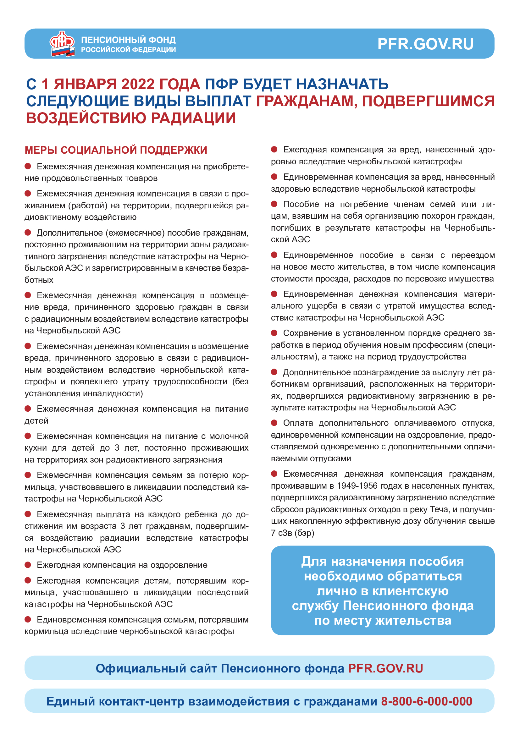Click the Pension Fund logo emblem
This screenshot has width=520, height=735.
[62, 44]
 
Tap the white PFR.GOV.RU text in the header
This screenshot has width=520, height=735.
[425, 44]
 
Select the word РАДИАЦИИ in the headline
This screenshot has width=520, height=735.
[193, 118]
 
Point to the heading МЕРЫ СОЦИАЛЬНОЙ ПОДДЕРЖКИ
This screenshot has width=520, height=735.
[116, 150]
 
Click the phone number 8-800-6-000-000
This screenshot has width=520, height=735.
[427, 701]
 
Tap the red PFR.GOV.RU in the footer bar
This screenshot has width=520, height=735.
[385, 668]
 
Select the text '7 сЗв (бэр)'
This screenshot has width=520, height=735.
[292, 533]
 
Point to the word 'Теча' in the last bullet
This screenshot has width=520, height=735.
[439, 509]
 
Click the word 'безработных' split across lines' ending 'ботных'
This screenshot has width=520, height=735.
[39, 280]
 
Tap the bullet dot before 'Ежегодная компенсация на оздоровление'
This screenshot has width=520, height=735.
[28, 565]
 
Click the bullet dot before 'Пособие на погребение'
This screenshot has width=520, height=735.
[274, 204]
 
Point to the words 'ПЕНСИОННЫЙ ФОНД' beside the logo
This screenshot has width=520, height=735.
[128, 40]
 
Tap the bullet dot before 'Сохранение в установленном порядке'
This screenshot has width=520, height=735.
[274, 333]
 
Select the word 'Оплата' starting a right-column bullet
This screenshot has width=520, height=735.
[298, 423]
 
